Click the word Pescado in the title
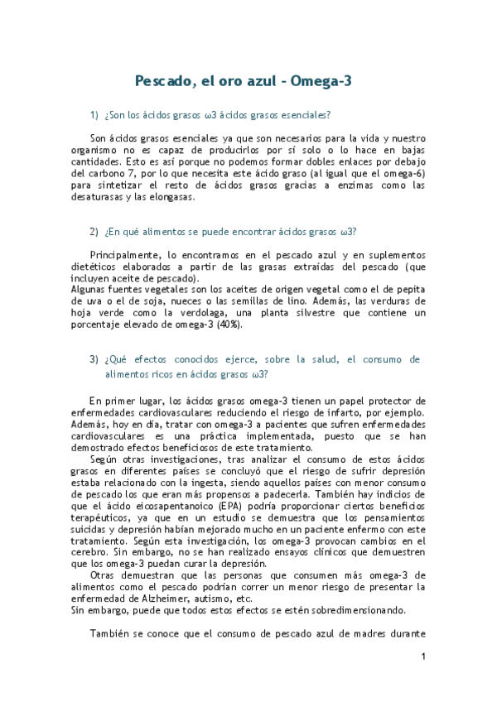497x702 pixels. click(165, 81)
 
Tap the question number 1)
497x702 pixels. click(94, 114)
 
